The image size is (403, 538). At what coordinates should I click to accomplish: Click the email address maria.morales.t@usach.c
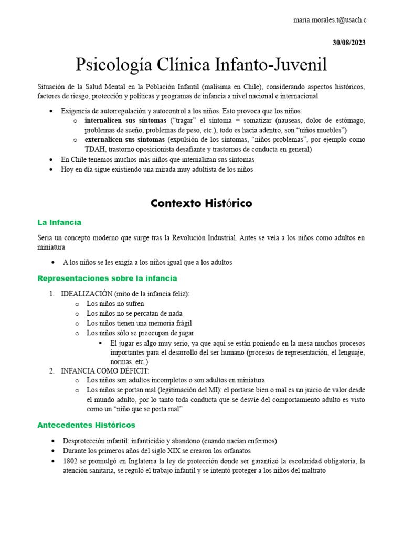[330, 20]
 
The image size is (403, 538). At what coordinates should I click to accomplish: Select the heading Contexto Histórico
[201, 203]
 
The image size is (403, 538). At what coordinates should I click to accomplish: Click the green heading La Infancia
[59, 222]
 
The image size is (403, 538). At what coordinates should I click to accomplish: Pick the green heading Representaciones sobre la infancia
[107, 278]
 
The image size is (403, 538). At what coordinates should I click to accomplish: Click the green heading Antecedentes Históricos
[86, 425]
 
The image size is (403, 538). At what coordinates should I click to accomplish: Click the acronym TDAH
[96, 149]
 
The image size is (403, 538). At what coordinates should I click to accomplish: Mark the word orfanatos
[236, 451]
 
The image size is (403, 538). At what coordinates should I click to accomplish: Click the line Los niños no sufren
[115, 304]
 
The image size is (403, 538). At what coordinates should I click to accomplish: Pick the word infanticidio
[154, 441]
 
